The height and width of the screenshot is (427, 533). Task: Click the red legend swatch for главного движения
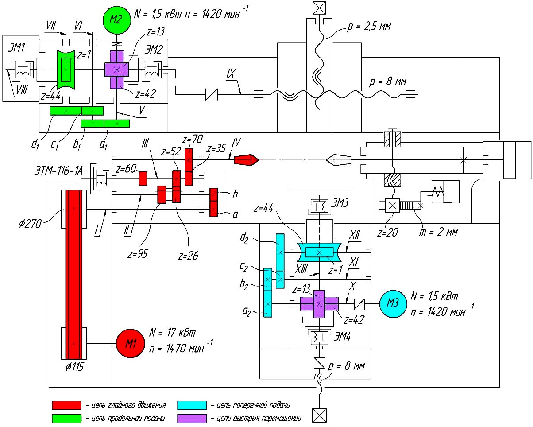click(66, 405)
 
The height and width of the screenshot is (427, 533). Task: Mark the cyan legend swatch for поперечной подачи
click(192, 405)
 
